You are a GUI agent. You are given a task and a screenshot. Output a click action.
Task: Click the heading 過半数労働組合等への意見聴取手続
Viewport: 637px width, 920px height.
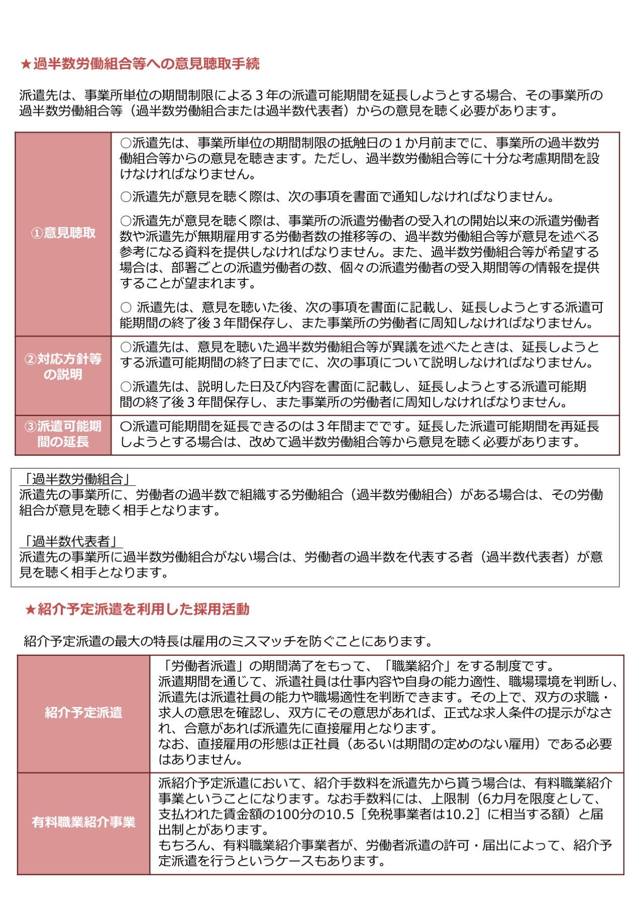[x=146, y=64]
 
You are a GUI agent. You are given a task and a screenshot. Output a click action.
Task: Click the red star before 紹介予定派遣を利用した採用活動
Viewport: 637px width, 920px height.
[x=30, y=610]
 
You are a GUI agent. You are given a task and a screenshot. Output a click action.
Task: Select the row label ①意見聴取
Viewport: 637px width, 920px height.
[x=63, y=233]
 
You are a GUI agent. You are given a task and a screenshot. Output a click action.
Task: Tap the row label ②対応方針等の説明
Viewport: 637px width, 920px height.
[x=63, y=367]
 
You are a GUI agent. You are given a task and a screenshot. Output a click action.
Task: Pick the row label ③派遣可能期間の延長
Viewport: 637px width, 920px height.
[x=63, y=434]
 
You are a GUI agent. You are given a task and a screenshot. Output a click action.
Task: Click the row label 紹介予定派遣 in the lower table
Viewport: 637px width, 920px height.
[x=84, y=713]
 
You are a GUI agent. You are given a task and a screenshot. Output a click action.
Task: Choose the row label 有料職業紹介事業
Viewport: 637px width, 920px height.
[x=84, y=822]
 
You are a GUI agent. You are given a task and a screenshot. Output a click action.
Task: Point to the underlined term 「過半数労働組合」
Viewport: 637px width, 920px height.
[x=78, y=479]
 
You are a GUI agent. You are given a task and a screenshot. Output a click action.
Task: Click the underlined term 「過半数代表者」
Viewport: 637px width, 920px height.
[x=71, y=541]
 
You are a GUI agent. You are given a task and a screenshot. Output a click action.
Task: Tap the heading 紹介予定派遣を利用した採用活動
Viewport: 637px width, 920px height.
[x=144, y=610]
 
